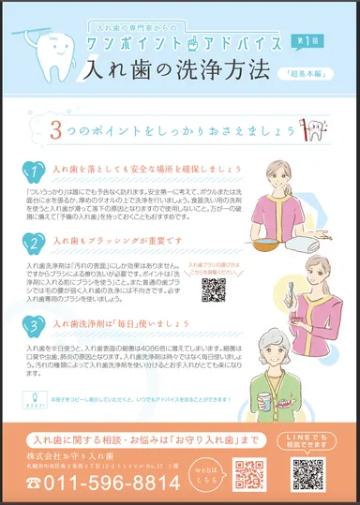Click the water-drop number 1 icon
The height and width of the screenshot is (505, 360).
pyautogui.click(x=33, y=173)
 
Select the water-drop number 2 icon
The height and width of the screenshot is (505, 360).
pyautogui.click(x=33, y=243)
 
